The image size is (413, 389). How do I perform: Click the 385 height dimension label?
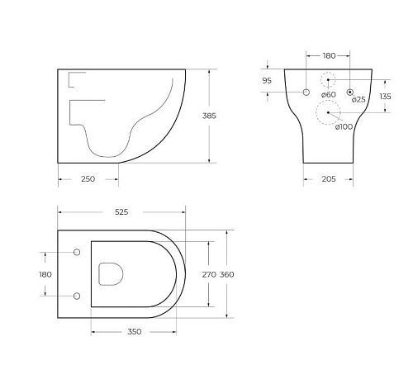tap(209, 116)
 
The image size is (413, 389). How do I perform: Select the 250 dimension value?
tap(88, 179)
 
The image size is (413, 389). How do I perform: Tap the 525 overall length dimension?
tap(121, 212)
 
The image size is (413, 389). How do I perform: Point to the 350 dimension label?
tap(135, 332)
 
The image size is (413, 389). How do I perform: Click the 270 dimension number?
tap(209, 274)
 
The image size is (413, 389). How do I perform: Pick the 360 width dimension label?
tap(227, 274)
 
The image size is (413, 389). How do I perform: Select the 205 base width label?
tap(329, 179)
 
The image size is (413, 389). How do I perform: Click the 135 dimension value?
tap(385, 97)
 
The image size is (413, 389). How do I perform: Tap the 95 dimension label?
tap(267, 81)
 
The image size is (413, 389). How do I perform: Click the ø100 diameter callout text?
tap(344, 126)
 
